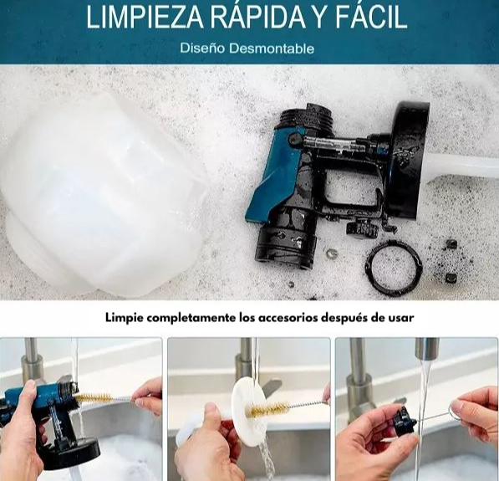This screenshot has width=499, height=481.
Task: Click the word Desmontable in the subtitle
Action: click(x=272, y=48)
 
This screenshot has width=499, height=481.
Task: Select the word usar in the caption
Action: click(x=400, y=318)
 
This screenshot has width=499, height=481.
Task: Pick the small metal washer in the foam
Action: click(x=332, y=253)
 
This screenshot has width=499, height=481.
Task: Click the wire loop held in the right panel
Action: click(x=457, y=409)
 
